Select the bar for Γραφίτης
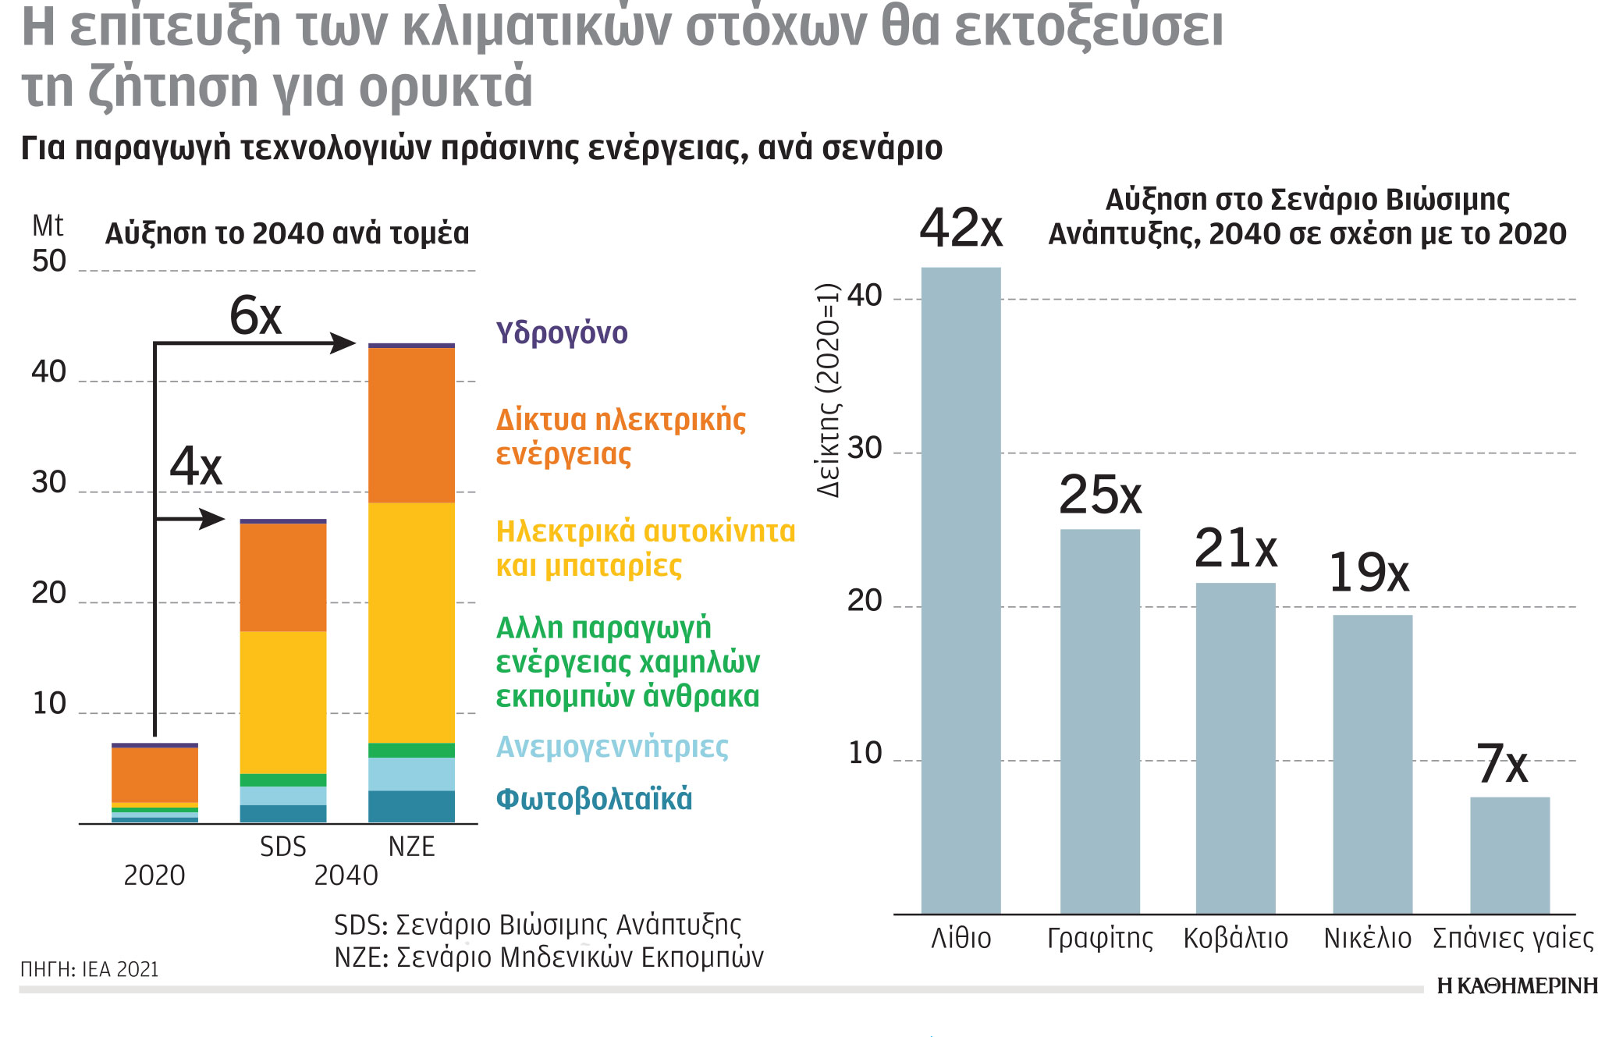click(x=1099, y=721)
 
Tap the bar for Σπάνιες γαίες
click(x=1510, y=855)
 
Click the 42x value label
click(x=961, y=229)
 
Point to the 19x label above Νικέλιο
click(x=1369, y=573)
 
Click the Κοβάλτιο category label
click(x=1235, y=938)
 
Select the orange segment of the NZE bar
click(x=411, y=425)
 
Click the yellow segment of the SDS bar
click(x=282, y=702)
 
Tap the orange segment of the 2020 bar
click(x=154, y=774)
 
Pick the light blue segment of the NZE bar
click(x=411, y=774)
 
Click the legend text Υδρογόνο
click(x=562, y=333)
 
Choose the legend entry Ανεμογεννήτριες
click(x=613, y=747)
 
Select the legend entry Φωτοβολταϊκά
click(x=594, y=799)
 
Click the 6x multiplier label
click(x=255, y=317)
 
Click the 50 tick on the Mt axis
click(x=49, y=261)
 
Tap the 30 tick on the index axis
click(x=864, y=449)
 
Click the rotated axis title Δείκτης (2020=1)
click(x=829, y=390)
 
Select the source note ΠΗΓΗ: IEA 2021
click(x=90, y=969)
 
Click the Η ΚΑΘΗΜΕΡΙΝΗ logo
click(x=1516, y=986)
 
